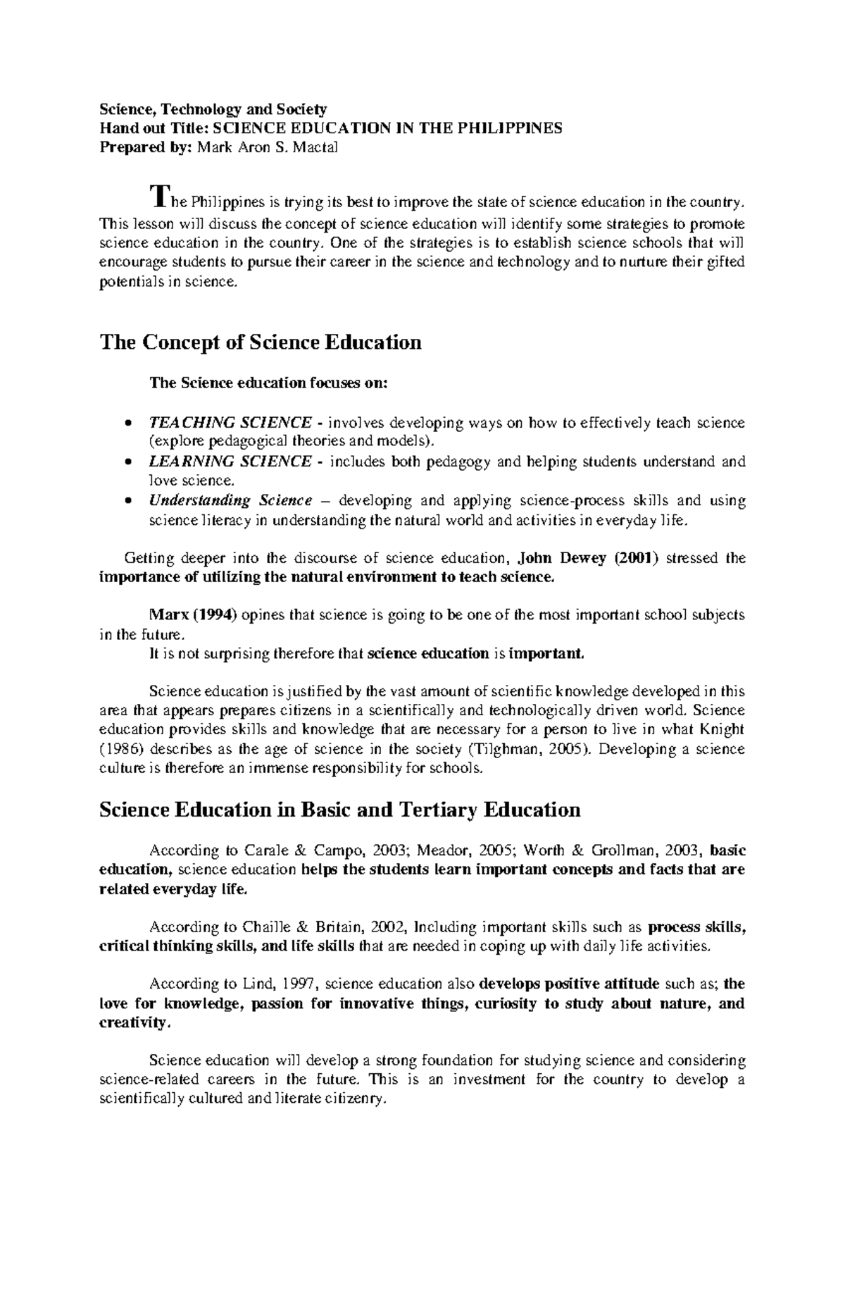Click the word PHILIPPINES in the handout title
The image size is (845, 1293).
pyautogui.click(x=511, y=128)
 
